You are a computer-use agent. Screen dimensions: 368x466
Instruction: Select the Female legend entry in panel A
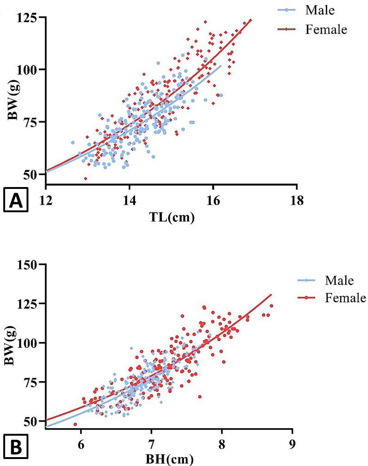pyautogui.click(x=312, y=29)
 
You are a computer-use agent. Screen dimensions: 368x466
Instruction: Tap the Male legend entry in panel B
pyautogui.click(x=326, y=280)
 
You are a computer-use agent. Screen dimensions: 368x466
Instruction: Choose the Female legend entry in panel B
pyautogui.click(x=332, y=298)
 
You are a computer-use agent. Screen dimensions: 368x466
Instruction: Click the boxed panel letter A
pyautogui.click(x=16, y=200)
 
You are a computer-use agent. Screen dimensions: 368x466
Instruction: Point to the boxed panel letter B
pyautogui.click(x=16, y=446)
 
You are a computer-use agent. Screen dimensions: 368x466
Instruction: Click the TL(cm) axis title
pyautogui.click(x=172, y=217)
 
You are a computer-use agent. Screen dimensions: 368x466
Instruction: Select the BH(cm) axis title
pyautogui.click(x=170, y=459)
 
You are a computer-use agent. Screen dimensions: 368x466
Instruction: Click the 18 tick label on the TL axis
pyautogui.click(x=297, y=201)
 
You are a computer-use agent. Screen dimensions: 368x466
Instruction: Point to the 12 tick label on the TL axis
pyautogui.click(x=46, y=201)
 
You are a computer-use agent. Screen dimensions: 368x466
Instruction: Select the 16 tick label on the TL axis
pyautogui.click(x=213, y=201)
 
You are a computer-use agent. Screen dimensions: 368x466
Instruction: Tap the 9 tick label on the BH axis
pyautogui.click(x=293, y=445)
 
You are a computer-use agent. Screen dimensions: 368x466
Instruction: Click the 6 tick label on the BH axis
pyautogui.click(x=81, y=445)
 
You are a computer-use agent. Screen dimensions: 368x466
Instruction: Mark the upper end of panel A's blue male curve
pyautogui.click(x=221, y=65)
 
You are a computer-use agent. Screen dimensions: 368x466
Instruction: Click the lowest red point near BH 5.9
pyautogui.click(x=75, y=424)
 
